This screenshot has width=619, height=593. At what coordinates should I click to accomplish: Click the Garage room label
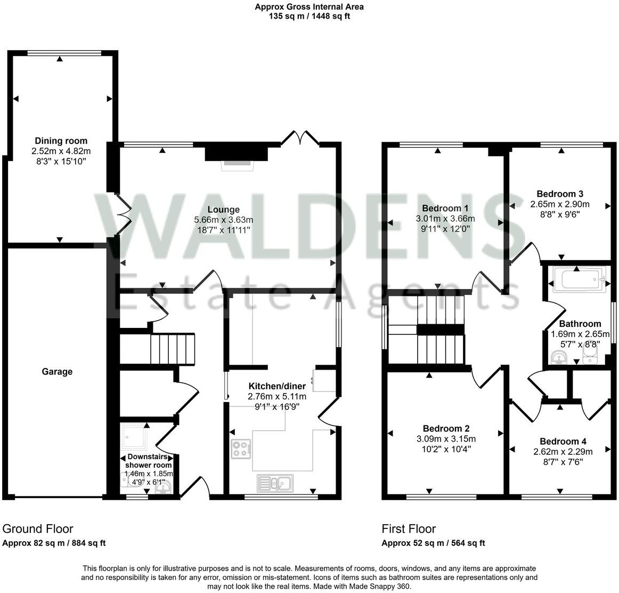[57, 372]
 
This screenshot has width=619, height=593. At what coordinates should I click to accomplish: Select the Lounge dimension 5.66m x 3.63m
[223, 220]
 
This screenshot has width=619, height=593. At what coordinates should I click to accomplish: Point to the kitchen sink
[274, 483]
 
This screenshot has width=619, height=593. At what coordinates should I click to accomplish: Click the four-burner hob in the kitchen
[241, 449]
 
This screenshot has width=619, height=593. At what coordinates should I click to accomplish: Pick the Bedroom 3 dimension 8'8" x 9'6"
[559, 214]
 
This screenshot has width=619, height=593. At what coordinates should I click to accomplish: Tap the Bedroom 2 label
[446, 429]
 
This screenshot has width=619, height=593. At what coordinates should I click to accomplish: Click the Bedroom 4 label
[563, 442]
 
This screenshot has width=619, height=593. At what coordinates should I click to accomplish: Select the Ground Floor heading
[38, 529]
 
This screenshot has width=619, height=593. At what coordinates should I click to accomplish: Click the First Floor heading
[409, 529]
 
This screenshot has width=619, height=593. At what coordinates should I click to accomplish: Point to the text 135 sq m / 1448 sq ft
[309, 16]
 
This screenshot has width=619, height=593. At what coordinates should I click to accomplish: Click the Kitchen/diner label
[277, 386]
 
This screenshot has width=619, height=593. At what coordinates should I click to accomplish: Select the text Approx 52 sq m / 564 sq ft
[433, 543]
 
